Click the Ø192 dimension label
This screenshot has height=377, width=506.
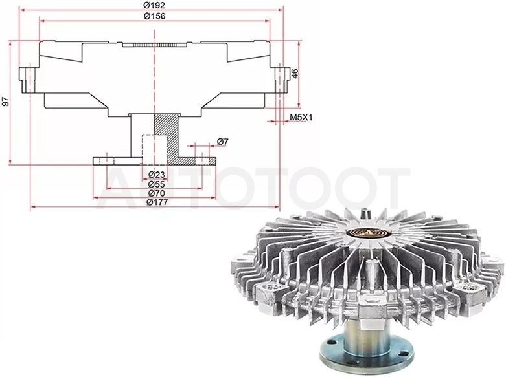(154, 5)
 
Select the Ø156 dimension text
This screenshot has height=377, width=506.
(154, 16)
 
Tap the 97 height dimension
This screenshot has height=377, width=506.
(5, 102)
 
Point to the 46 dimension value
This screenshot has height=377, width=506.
(295, 73)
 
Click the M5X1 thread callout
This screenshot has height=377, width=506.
(301, 117)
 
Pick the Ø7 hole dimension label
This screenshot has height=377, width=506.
(223, 142)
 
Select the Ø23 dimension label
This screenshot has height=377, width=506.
(157, 175)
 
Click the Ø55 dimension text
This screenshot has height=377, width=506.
(157, 184)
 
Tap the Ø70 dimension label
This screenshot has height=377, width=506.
(157, 193)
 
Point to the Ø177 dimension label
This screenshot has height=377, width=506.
(157, 202)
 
